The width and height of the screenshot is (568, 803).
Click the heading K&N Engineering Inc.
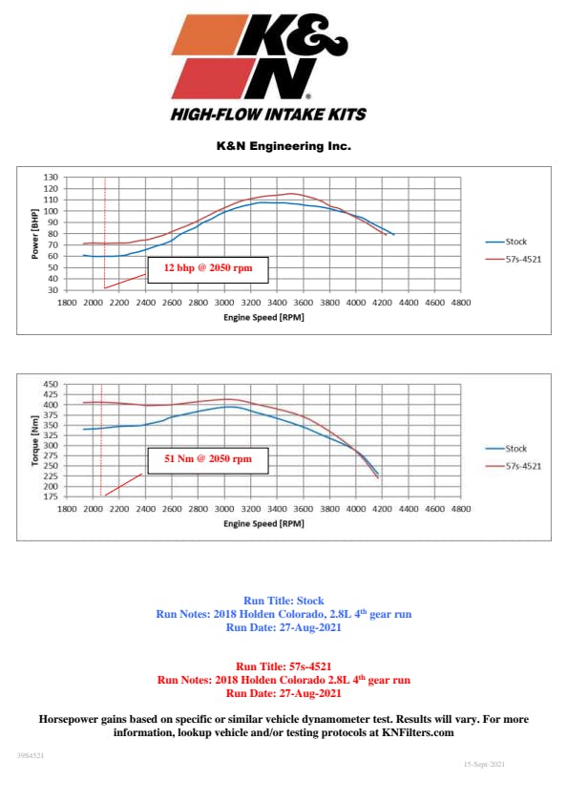pyautogui.click(x=284, y=146)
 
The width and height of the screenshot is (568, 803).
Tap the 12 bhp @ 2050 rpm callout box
pyautogui.click(x=208, y=270)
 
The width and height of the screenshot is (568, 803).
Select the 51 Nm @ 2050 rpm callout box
pyautogui.click(x=208, y=461)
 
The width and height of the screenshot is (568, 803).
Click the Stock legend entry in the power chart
pyautogui.click(x=506, y=242)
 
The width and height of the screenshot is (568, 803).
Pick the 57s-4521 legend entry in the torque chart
pyautogui.click(x=514, y=466)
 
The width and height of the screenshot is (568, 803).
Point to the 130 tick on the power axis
pyautogui.click(x=51, y=178)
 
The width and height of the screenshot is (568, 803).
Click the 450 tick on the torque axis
pyautogui.click(x=51, y=384)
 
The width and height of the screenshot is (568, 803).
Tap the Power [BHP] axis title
pyautogui.click(x=34, y=234)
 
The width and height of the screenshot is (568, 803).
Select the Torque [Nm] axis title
pyautogui.click(x=34, y=440)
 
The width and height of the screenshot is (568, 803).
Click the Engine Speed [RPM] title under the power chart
pyautogui.click(x=263, y=318)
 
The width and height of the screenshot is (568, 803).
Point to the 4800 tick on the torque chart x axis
pyautogui.click(x=461, y=509)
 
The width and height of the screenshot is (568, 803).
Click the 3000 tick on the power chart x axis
pyautogui.click(x=224, y=303)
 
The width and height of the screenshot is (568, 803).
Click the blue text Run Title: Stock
pyautogui.click(x=284, y=601)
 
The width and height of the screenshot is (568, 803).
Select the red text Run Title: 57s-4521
pyautogui.click(x=284, y=666)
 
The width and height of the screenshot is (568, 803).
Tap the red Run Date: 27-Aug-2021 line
pyautogui.click(x=284, y=693)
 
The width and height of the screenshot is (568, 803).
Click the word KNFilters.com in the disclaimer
pyautogui.click(x=418, y=732)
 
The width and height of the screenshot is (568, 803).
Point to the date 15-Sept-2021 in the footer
pyautogui.click(x=485, y=764)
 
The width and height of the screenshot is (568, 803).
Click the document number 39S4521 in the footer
pyautogui.click(x=31, y=755)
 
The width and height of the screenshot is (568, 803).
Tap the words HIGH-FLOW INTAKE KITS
pyautogui.click(x=269, y=115)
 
